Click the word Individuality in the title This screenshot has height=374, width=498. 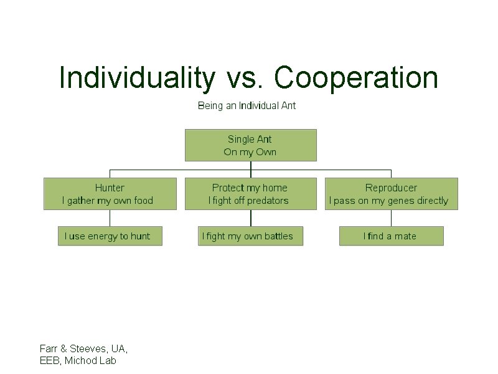click(x=136, y=78)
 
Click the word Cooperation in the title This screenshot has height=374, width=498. click(x=355, y=78)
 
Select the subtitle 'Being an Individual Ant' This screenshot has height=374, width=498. click(x=247, y=105)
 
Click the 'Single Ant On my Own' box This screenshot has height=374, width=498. click(x=250, y=145)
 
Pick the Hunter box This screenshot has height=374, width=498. click(x=110, y=194)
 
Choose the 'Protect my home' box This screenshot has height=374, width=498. click(x=250, y=194)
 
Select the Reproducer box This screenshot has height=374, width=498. click(x=391, y=194)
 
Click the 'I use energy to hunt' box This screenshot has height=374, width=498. click(x=110, y=236)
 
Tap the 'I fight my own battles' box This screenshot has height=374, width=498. click(x=250, y=236)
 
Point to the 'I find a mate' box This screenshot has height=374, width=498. click(x=391, y=236)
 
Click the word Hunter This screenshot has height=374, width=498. click(x=110, y=188)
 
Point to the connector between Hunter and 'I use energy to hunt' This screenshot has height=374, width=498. click(x=110, y=218)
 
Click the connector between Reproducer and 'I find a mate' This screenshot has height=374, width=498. click(x=391, y=218)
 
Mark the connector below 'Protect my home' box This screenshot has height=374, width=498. click(x=250, y=218)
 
